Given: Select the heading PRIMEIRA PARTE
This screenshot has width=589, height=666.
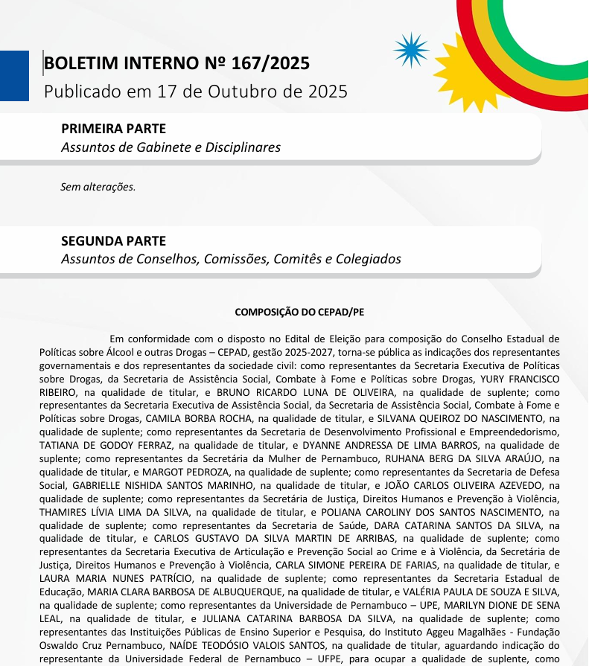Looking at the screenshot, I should click(113, 129).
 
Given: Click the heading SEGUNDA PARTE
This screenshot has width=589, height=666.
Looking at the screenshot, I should click(113, 241).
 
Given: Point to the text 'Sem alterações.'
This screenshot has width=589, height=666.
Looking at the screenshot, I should click(98, 187).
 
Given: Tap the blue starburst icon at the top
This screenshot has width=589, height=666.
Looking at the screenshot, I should click(411, 51).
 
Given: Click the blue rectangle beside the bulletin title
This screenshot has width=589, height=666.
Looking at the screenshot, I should click(14, 75).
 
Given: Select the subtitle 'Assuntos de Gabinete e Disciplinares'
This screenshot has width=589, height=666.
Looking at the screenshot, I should click(171, 147).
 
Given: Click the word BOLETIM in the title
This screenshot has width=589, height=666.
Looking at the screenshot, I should click(79, 64).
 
